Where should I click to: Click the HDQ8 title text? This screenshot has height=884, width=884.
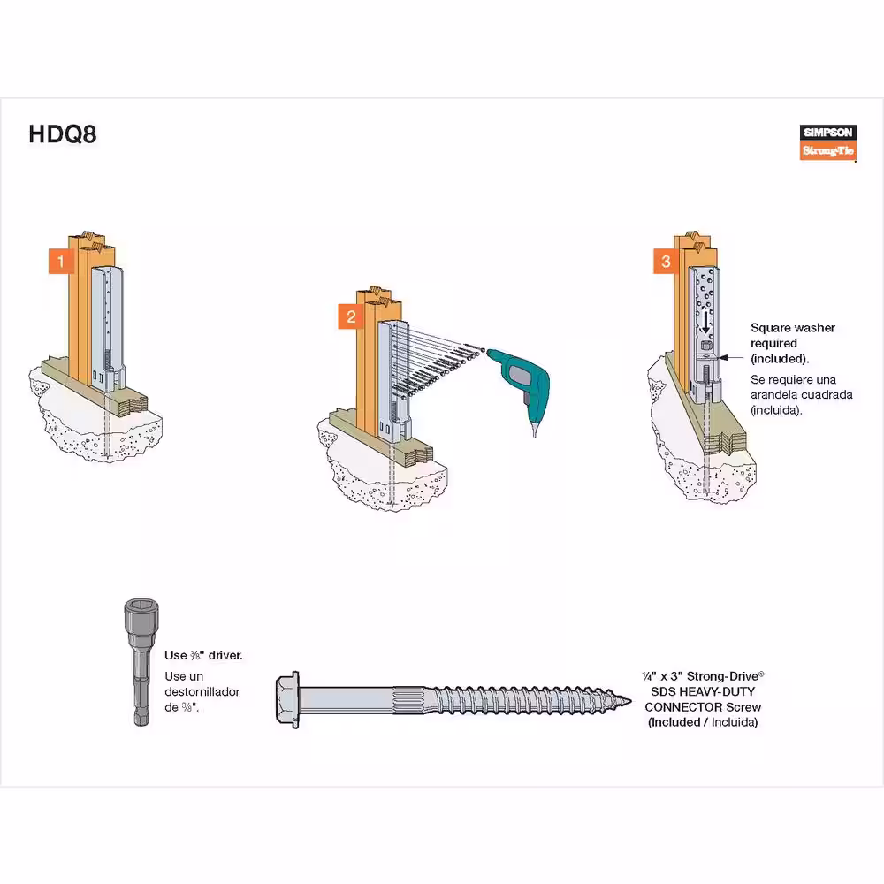pyautogui.click(x=63, y=134)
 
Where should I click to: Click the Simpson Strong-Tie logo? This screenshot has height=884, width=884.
pyautogui.click(x=827, y=142)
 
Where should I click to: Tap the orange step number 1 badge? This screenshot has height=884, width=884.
pyautogui.click(x=61, y=261)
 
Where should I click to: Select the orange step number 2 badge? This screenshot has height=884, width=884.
pyautogui.click(x=351, y=316)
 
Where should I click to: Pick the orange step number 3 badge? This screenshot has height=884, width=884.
pyautogui.click(x=666, y=261)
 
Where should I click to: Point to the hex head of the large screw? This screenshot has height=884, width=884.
pyautogui.click(x=287, y=699)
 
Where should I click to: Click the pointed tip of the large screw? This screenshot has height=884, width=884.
pyautogui.click(x=629, y=701)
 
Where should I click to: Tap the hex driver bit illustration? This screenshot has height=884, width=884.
pyautogui.click(x=141, y=662)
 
